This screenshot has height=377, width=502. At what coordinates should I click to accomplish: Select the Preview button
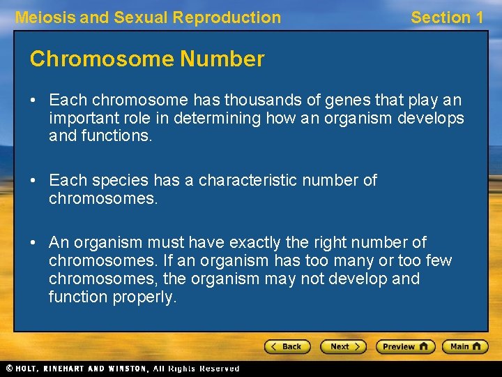click(405, 346)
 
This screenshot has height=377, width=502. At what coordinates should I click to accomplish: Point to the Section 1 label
click(446, 17)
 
